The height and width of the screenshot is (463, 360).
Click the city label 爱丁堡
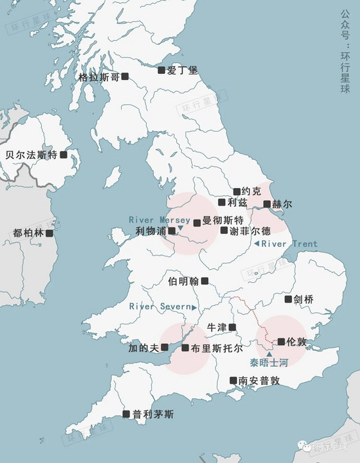(183, 69)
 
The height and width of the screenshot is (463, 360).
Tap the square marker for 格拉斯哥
(125, 77)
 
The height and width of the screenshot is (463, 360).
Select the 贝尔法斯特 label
(31, 155)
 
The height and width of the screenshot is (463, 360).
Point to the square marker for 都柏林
(49, 232)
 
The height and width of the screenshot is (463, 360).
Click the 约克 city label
(251, 191)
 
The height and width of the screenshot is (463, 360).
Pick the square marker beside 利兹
(222, 202)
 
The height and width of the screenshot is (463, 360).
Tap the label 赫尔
(283, 204)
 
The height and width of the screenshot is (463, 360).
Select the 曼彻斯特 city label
(223, 220)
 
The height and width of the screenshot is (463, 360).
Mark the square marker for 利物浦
(172, 231)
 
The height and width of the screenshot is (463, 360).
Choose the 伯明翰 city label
(183, 281)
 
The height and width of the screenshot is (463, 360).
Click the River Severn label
(159, 306)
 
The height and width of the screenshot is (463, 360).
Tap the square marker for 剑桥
(288, 299)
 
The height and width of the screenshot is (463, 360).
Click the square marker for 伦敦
(281, 341)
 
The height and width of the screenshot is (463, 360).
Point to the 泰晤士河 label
(269, 362)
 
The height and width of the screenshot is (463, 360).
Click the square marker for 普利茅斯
(126, 414)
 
